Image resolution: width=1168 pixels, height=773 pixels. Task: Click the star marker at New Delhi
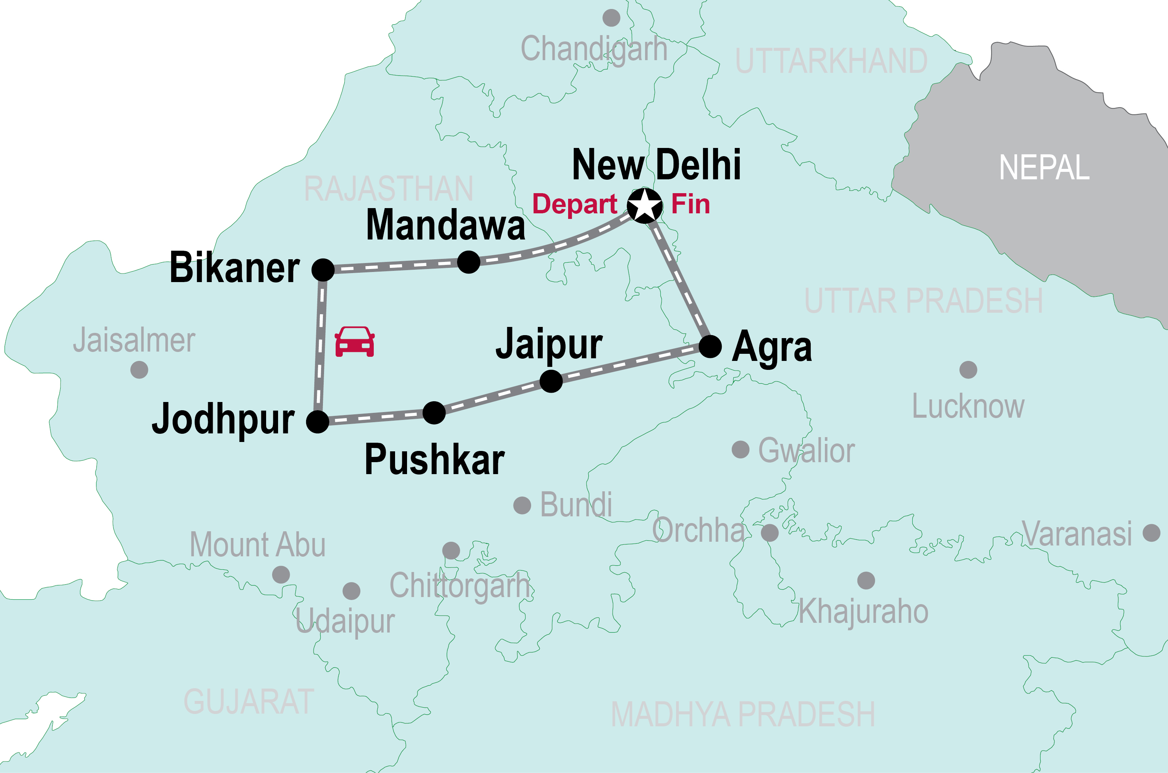tap(644, 205)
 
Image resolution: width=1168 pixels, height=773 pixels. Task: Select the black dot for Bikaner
tap(323, 270)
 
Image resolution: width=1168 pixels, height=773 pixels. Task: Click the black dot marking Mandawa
tap(468, 262)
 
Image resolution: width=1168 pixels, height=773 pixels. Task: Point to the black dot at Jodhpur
tap(318, 422)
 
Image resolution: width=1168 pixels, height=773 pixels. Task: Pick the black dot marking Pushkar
tap(434, 412)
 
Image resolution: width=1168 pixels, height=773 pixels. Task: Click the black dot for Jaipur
tap(551, 381)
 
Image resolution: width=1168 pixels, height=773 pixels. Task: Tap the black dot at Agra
tap(711, 347)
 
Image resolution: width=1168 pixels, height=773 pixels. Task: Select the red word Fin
tap(690, 204)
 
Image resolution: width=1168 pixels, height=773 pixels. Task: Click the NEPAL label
tap(1044, 168)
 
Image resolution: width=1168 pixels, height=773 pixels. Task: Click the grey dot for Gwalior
tap(740, 449)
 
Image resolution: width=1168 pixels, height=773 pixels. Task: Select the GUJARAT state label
tap(249, 702)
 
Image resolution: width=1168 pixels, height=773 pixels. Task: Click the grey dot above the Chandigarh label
tap(611, 18)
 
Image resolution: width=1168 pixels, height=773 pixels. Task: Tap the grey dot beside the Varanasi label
tap(1151, 532)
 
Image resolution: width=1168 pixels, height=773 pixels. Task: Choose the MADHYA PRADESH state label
tap(743, 714)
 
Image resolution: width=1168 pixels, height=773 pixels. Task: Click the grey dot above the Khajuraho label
tap(866, 580)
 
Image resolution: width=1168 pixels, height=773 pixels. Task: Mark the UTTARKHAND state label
tap(831, 61)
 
